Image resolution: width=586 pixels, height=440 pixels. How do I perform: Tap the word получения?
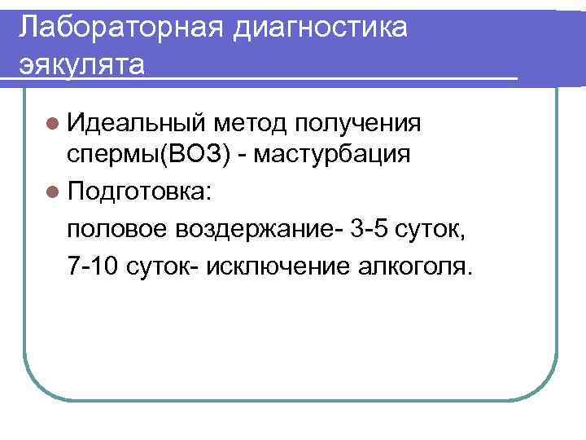[x=358, y=124]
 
